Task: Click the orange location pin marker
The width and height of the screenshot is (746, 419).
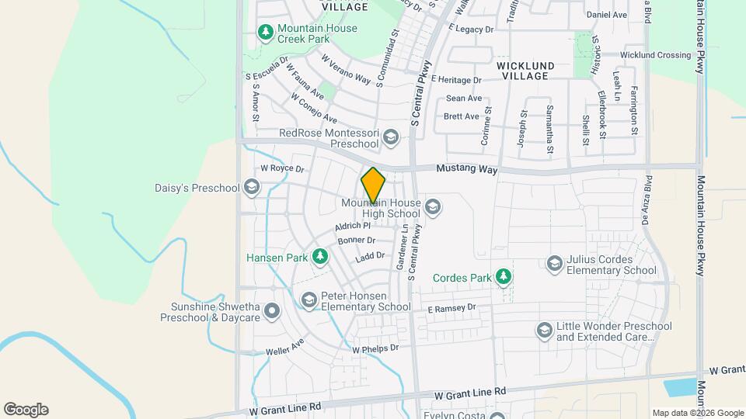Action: coord(373,185)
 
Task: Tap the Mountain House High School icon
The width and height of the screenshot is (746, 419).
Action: coord(434,207)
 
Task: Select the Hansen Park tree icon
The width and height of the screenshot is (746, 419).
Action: coord(319,256)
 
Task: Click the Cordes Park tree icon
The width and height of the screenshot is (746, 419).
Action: coord(504,276)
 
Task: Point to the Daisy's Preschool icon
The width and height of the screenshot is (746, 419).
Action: coord(251,187)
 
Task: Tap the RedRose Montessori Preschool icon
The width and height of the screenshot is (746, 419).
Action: coord(391,138)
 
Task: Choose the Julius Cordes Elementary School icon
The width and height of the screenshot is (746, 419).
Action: coord(555,265)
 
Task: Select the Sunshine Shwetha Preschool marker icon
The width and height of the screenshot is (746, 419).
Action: coord(272,312)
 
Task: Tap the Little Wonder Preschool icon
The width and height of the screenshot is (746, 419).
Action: coord(544,331)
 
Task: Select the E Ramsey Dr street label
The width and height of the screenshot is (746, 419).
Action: coord(451,309)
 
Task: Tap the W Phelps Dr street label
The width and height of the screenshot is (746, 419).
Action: coord(375,349)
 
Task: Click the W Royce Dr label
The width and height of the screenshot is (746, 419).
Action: coord(281,168)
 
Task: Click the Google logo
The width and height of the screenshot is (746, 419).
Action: coord(26,409)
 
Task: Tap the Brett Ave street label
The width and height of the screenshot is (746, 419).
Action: coord(462,116)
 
